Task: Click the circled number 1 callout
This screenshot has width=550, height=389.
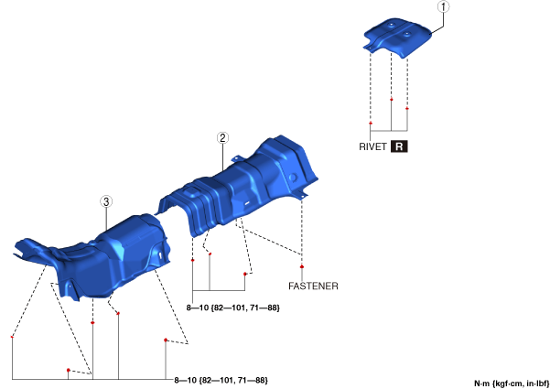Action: pos(443,6)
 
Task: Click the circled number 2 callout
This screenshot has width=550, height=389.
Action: pos(222,138)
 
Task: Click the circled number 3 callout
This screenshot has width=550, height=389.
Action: pos(106,201)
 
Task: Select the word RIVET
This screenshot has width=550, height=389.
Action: pos(372,146)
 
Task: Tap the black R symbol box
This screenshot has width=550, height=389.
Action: pos(399,146)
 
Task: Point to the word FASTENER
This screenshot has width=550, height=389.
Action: pos(313,286)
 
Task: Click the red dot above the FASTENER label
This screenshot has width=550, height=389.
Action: pos(302,267)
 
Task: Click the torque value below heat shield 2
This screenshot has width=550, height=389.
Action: pos(233,308)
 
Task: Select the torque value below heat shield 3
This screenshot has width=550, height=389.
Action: pos(221,380)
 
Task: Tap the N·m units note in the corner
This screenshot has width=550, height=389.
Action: pos(512,384)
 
